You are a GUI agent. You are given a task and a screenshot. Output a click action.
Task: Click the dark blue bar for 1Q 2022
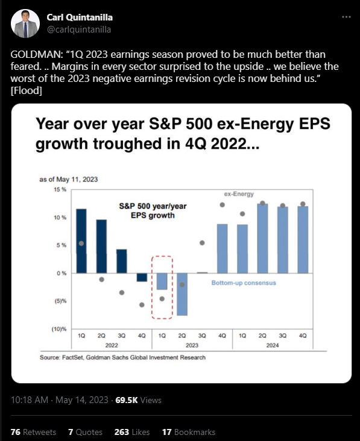(81, 241)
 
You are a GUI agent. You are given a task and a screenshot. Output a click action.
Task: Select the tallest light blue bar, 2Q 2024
(262, 239)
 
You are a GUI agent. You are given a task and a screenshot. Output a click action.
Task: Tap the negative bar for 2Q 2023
(182, 294)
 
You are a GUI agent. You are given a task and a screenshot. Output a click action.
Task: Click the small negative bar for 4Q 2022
(142, 277)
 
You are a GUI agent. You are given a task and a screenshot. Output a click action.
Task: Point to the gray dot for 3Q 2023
(202, 243)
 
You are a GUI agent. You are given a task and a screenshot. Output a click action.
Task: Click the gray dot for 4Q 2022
(142, 305)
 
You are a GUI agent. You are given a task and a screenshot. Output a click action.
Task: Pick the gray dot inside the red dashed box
(162, 299)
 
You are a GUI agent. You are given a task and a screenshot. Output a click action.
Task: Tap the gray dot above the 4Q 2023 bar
(223, 205)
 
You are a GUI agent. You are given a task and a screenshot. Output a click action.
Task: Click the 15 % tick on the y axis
(60, 190)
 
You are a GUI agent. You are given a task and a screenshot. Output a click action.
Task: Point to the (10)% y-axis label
(59, 329)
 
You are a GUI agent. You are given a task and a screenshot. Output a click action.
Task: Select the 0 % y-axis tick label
(62, 273)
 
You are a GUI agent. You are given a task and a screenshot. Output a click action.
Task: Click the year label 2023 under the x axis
(192, 345)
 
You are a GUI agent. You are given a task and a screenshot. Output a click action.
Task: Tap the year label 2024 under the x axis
(273, 345)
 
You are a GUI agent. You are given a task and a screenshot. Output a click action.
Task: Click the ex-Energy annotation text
(239, 194)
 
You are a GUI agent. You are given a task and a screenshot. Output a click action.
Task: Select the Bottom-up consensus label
(244, 283)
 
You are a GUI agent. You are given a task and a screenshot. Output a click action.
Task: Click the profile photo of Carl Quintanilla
(25, 23)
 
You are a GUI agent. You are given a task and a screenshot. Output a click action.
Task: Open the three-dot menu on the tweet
(346, 17)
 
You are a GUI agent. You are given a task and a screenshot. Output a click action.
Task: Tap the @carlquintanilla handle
(79, 30)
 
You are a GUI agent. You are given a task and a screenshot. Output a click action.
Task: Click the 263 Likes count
(131, 432)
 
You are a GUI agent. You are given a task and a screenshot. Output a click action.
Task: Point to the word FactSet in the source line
(72, 357)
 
